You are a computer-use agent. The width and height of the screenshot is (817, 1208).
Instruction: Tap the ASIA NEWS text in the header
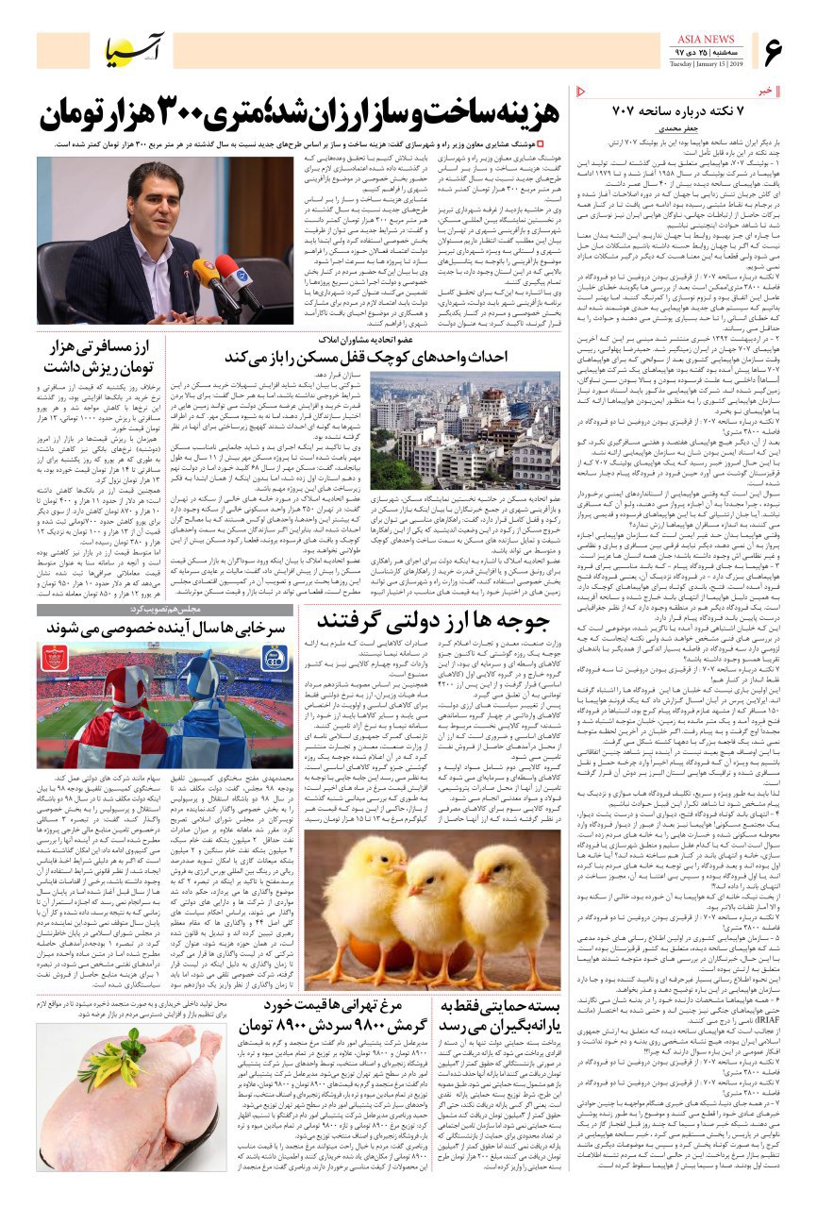[708, 39]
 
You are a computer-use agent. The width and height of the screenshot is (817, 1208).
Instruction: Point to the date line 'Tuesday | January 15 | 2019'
[708, 64]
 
